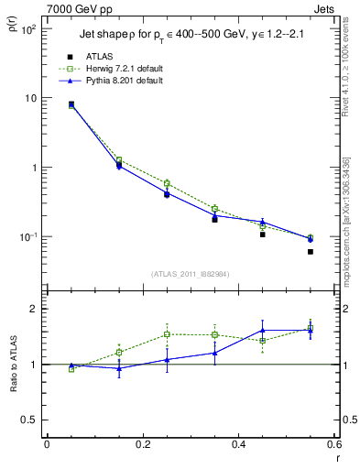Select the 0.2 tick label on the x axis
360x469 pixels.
[142, 445]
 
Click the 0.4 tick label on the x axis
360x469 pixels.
[238, 445]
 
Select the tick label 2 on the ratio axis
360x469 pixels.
[32, 310]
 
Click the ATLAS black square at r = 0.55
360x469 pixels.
[311, 251]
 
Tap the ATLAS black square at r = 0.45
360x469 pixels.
[262, 234]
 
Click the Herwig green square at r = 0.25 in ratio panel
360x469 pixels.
[167, 334]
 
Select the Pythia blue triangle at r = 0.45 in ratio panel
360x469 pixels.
[262, 331]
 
